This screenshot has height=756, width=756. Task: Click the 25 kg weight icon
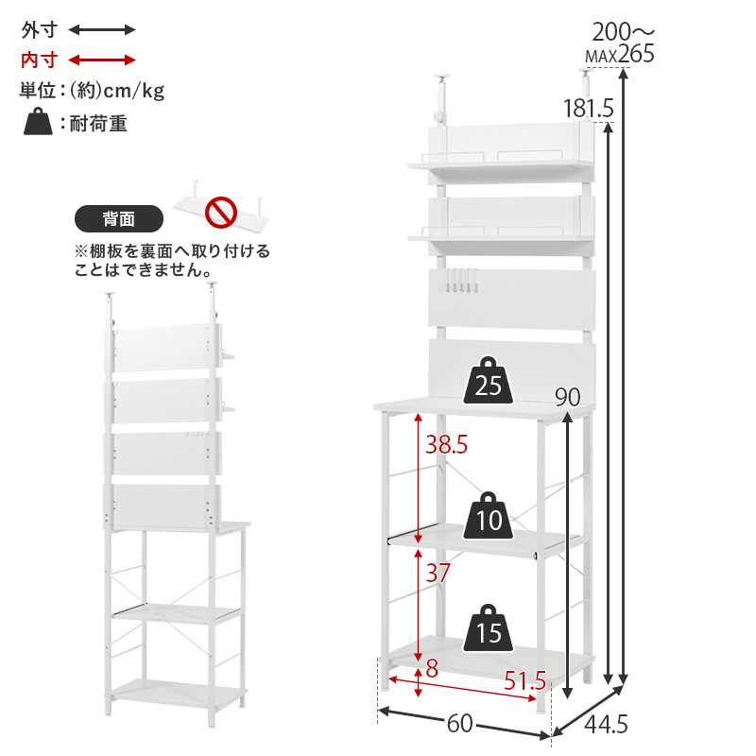[x=488, y=381]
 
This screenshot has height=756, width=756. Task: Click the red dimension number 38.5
[x=446, y=444]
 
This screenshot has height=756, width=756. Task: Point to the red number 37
[x=438, y=573]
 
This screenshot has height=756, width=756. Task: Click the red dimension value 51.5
[x=525, y=680]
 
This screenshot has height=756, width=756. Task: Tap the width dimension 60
[x=459, y=723]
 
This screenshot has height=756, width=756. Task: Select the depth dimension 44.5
[x=606, y=724]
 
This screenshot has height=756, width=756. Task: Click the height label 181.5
[x=589, y=108]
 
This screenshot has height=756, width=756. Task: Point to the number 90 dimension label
[x=568, y=397]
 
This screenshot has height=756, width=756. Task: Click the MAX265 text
[x=620, y=54]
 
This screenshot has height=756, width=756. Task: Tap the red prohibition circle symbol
[x=221, y=212]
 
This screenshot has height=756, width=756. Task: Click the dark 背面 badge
[x=119, y=219]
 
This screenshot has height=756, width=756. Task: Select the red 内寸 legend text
[x=40, y=60]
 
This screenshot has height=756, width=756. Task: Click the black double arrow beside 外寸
[x=102, y=30]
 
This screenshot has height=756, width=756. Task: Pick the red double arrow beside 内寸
[x=102, y=60]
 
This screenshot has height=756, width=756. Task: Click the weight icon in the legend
[x=38, y=122]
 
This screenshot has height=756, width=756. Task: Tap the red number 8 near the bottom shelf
[x=432, y=668]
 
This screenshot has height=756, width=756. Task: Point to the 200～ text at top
[x=624, y=32]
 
